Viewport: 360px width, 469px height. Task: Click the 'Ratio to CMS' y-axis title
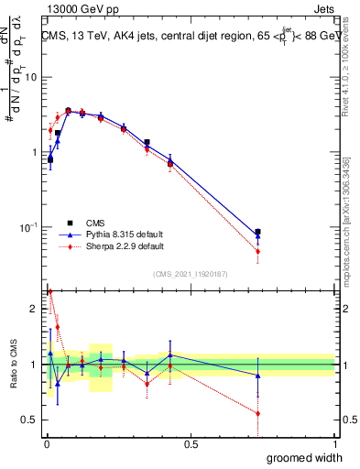pyautogui.click(x=14, y=364)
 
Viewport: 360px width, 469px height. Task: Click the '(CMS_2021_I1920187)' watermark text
pyautogui.click(x=191, y=272)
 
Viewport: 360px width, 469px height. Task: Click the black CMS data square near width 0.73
pyautogui.click(x=258, y=233)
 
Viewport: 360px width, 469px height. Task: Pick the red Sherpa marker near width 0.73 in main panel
pyautogui.click(x=258, y=251)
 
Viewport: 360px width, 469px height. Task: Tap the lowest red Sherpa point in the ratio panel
pyautogui.click(x=258, y=413)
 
